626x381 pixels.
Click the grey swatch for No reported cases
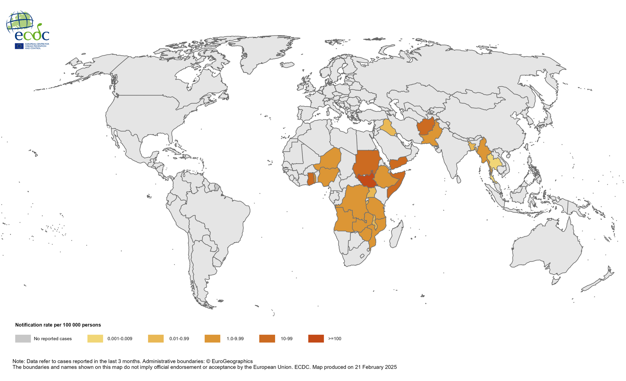pyautogui.click(x=23, y=338)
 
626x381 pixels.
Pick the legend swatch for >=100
pyautogui.click(x=316, y=338)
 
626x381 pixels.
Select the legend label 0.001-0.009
pyautogui.click(x=120, y=339)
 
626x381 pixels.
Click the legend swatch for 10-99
pyautogui.click(x=267, y=338)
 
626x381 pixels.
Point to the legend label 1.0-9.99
pyautogui.click(x=235, y=339)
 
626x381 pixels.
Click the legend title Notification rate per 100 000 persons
pyautogui.click(x=58, y=325)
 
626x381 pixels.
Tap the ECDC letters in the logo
pyautogui.click(x=32, y=35)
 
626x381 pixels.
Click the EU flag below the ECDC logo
pyautogui.click(x=19, y=46)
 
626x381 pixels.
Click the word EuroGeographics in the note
pyautogui.click(x=232, y=361)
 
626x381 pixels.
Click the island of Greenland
pyautogui.click(x=260, y=53)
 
